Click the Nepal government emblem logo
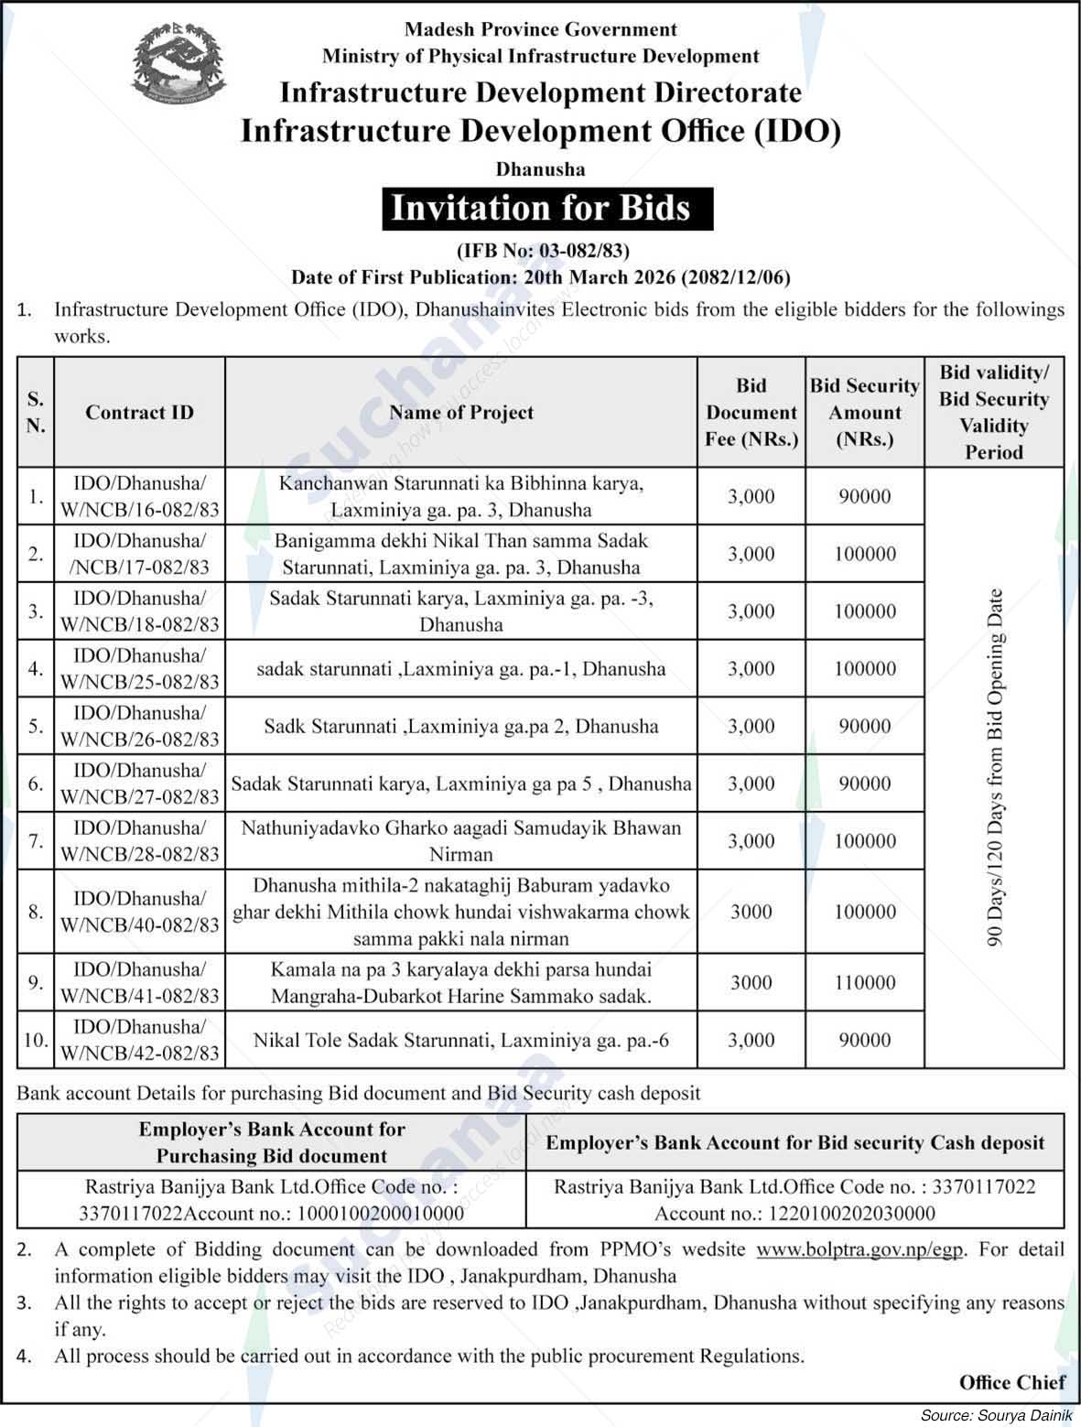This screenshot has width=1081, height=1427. (178, 63)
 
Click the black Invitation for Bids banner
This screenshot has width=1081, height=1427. (541, 208)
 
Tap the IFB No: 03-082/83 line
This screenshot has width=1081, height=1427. (543, 250)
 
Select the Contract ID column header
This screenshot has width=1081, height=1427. (139, 412)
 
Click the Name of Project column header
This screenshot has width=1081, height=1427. (460, 412)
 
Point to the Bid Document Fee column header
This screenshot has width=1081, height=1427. (751, 412)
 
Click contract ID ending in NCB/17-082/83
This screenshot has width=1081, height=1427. (139, 554)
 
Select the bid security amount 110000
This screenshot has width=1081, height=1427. (864, 982)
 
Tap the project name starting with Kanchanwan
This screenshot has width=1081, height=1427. (460, 496)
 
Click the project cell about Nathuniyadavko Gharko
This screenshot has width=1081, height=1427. (460, 840)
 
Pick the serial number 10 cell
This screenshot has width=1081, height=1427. (35, 1040)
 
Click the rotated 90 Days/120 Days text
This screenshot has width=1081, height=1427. (995, 767)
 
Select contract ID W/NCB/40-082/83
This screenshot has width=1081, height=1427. (139, 912)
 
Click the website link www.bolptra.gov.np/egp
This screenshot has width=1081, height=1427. (859, 1249)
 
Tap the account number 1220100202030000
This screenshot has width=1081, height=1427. (795, 1214)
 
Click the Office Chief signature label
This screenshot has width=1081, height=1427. (1011, 1382)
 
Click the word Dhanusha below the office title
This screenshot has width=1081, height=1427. (540, 169)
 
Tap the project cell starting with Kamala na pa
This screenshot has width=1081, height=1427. (460, 982)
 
